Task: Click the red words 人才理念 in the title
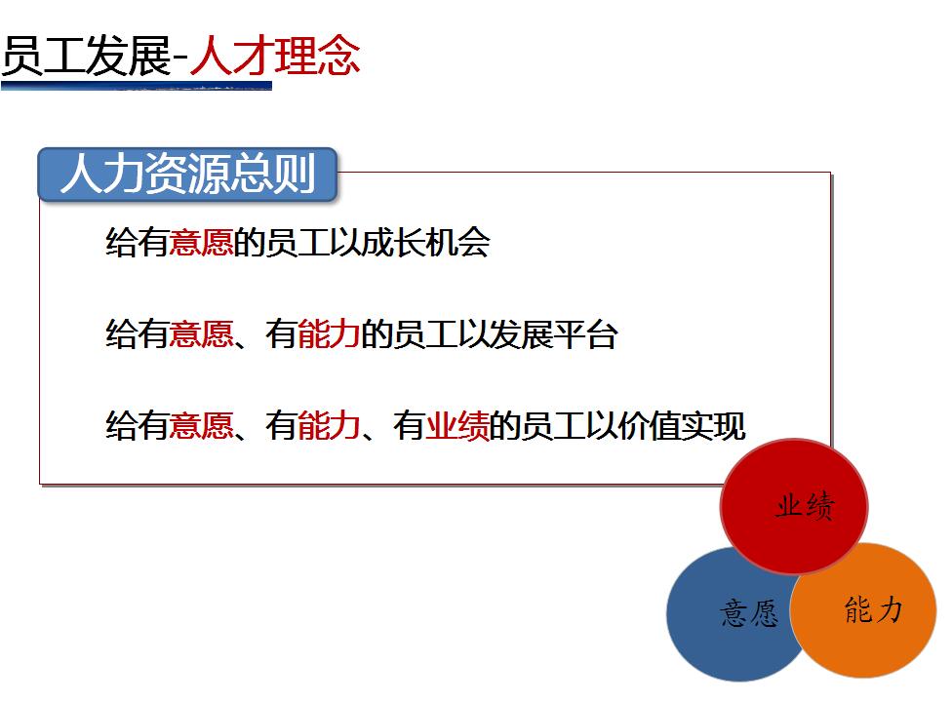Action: tap(276, 56)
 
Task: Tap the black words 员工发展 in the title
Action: tap(87, 56)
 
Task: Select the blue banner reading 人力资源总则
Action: tap(187, 175)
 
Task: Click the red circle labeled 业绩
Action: tap(794, 506)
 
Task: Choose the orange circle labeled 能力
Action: tap(863, 610)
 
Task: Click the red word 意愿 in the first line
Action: tap(201, 242)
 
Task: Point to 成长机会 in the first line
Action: tap(425, 242)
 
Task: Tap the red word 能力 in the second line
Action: tap(329, 334)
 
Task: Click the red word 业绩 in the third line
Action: tap(457, 425)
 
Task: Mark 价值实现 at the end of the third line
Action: tap(682, 425)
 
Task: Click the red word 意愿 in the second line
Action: tap(201, 334)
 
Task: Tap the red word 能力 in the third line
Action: tap(329, 425)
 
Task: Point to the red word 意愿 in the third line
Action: tap(201, 425)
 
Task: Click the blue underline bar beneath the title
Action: tap(136, 86)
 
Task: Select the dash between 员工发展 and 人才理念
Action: tap(180, 59)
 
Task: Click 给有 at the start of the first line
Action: tap(138, 242)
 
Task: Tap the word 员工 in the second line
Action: tap(425, 334)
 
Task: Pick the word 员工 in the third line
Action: tap(554, 425)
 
